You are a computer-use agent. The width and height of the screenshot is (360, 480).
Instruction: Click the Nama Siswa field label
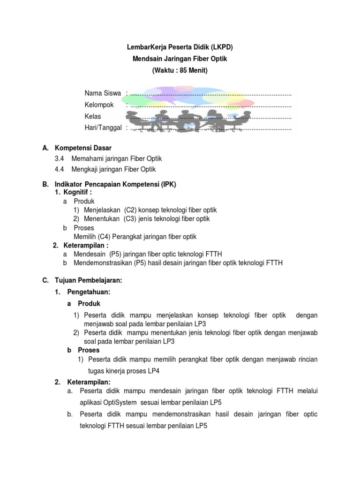tap(103, 93)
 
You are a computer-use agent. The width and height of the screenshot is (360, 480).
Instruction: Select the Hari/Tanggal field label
tap(103, 127)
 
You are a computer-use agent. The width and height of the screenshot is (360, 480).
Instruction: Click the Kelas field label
tap(92, 116)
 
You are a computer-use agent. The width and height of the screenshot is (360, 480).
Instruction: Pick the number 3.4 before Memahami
tap(60, 159)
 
